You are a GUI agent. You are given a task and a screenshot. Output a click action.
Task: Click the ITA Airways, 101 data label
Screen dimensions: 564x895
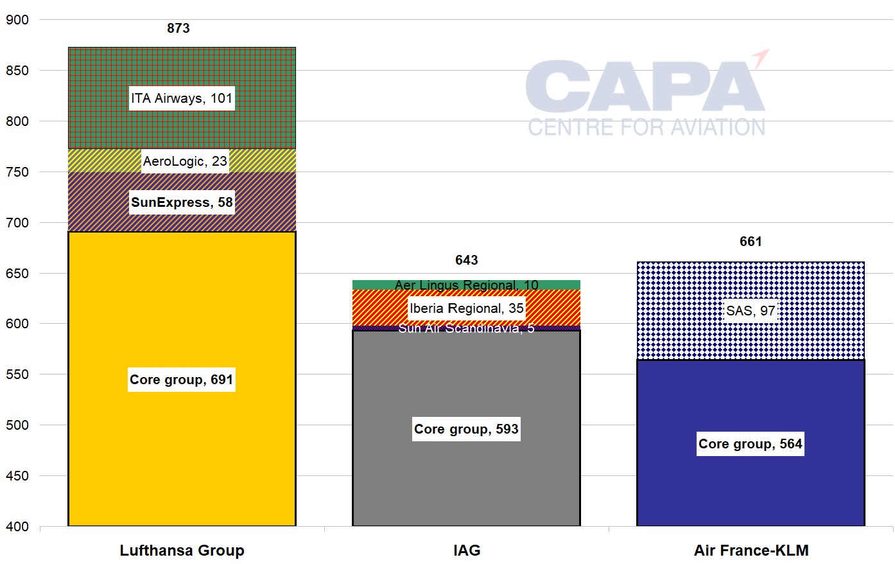[x=182, y=98]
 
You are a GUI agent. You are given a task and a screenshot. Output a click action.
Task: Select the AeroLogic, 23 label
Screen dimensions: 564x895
[x=185, y=161]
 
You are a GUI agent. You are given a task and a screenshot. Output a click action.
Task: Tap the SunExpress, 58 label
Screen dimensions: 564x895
[x=182, y=202]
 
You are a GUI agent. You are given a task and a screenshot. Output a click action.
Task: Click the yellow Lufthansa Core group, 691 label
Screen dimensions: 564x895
[x=182, y=380]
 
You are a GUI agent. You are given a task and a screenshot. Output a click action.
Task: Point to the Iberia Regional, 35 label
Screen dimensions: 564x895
[x=467, y=308]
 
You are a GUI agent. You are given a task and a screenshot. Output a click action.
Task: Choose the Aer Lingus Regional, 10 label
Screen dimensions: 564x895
[x=467, y=285]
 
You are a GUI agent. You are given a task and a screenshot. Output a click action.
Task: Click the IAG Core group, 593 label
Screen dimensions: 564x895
[x=466, y=429]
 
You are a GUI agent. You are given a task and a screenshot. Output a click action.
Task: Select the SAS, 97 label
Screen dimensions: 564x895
[x=751, y=311]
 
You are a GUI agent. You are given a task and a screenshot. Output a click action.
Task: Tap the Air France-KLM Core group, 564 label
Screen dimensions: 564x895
[x=751, y=444]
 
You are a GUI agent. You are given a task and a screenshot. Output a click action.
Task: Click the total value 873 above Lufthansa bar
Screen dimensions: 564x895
[x=178, y=28]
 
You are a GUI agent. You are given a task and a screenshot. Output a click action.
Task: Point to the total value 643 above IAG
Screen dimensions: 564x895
[x=467, y=260]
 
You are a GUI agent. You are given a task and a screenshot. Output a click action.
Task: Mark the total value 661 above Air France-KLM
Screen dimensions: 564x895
[x=751, y=242]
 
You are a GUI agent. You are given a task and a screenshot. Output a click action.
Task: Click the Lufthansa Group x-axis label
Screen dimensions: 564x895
[x=182, y=551]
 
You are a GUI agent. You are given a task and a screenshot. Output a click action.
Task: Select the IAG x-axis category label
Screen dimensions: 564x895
[x=467, y=551]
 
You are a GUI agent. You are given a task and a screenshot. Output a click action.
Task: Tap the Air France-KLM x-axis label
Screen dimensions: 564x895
[x=751, y=551]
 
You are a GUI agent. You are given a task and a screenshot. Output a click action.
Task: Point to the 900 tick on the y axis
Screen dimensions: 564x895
[x=17, y=20]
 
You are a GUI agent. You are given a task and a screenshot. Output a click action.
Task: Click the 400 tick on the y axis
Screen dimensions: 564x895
[x=17, y=527]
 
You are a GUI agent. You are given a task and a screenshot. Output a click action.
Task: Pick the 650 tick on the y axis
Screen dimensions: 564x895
[x=17, y=274]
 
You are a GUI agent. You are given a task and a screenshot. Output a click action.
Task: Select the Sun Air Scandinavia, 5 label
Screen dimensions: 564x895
[x=467, y=328]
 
